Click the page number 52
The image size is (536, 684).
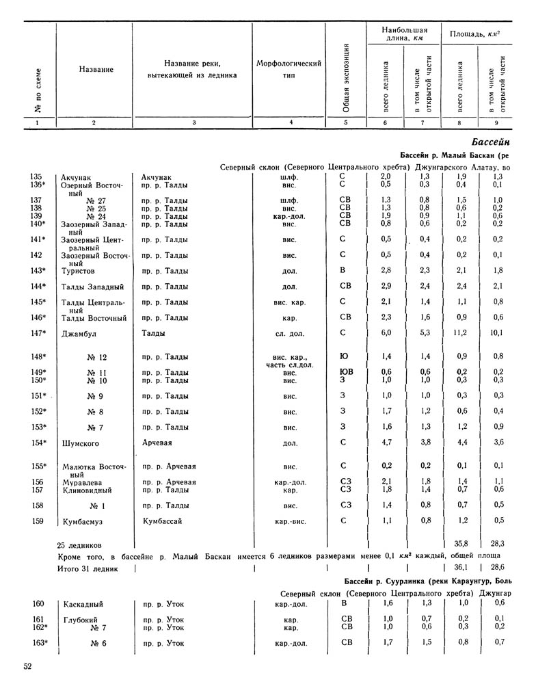click(27, 668)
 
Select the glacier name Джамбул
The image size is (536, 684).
click(80, 333)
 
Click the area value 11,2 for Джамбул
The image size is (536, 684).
click(459, 333)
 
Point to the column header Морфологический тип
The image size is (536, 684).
click(289, 69)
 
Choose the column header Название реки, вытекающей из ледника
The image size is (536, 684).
click(192, 69)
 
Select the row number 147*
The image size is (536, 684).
click(39, 333)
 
